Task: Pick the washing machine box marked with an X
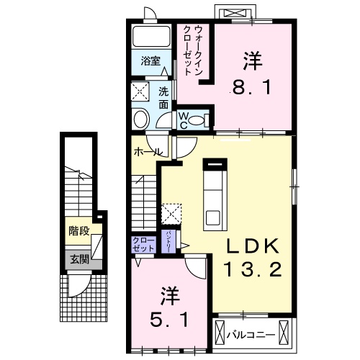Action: click(x=140, y=91)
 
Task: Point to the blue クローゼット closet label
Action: click(x=144, y=244)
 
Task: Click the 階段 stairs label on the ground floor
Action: click(x=79, y=231)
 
